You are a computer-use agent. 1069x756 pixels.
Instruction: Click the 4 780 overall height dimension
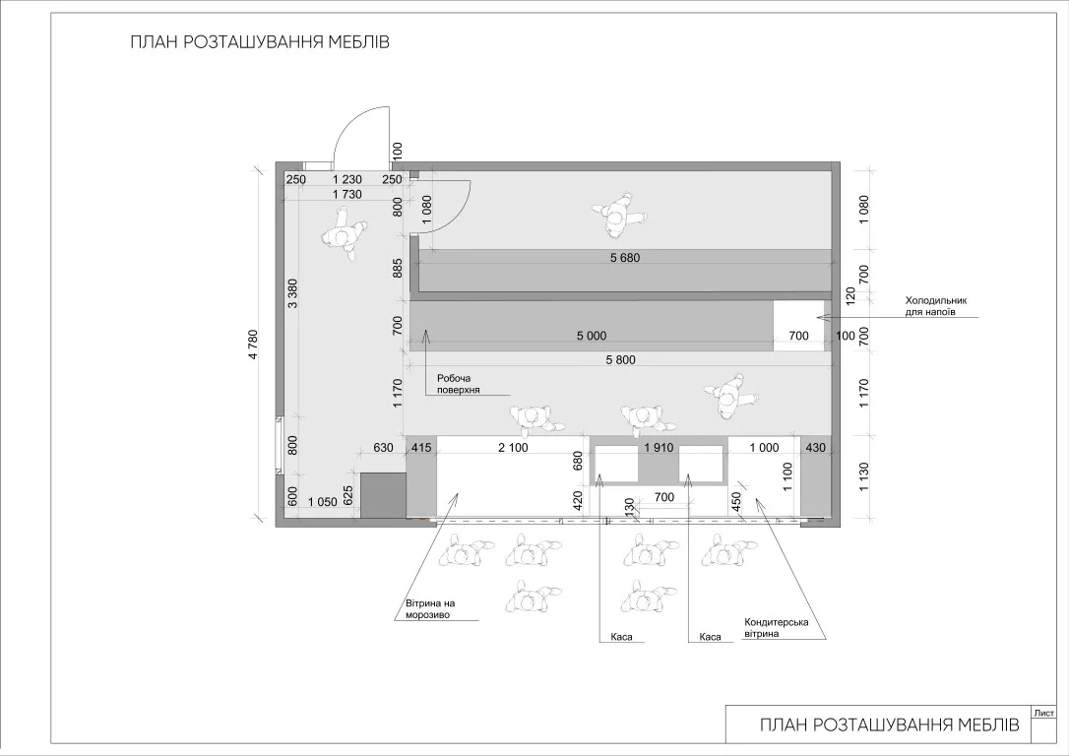pos(253,345)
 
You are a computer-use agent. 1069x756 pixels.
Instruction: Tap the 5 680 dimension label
pos(625,258)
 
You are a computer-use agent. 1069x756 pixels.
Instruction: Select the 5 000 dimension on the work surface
pos(591,336)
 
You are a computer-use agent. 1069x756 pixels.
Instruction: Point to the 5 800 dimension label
pos(619,359)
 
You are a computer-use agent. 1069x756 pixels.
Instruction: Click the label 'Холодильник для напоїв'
pos(936,306)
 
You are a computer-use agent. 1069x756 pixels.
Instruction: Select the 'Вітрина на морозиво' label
pos(430,608)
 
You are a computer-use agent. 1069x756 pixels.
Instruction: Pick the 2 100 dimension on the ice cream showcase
pos(513,447)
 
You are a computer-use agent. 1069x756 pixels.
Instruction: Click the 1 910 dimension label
pos(659,447)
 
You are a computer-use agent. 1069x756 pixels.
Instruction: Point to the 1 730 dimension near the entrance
pos(347,194)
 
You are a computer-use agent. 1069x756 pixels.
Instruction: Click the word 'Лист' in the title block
pos(1043,713)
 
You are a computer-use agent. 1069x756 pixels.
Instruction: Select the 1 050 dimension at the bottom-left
pos(323,502)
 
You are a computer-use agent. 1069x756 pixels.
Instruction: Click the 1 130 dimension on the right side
pos(864,476)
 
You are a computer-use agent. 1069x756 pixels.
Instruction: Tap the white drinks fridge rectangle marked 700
pos(798,326)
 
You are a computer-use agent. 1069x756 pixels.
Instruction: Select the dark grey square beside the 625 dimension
pos(383,495)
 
